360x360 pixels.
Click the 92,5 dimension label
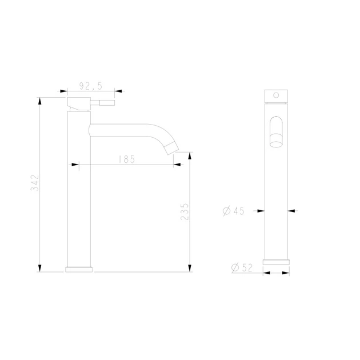pyautogui.click(x=91, y=86)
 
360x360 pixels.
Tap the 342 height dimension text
pyautogui.click(x=35, y=183)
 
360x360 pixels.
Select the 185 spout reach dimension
pyautogui.click(x=127, y=159)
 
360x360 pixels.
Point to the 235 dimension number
pyautogui.click(x=185, y=211)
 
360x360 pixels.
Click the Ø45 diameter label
pyautogui.click(x=234, y=211)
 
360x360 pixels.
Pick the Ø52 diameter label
pyautogui.click(x=242, y=267)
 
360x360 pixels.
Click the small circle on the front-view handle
pyautogui.click(x=276, y=95)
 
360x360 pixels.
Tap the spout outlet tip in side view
pyautogui.click(x=172, y=148)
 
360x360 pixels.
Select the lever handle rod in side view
pyautogui.click(x=102, y=103)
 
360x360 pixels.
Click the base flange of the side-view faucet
pyautogui.click(x=79, y=269)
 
